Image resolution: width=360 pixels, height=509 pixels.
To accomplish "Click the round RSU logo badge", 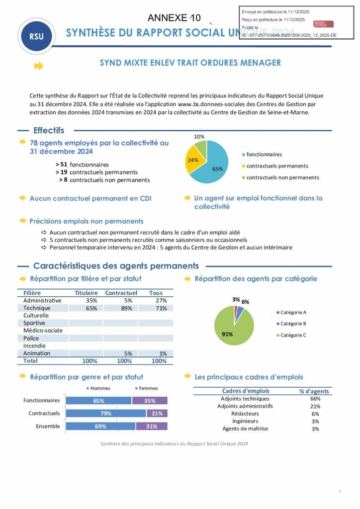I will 36,36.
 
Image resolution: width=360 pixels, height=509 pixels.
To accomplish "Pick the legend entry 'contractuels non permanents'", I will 282,177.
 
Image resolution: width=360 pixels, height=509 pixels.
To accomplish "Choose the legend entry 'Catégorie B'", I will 293,324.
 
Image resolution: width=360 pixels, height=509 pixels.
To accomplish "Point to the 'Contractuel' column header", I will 121,293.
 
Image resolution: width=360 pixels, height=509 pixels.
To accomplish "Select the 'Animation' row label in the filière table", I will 37,353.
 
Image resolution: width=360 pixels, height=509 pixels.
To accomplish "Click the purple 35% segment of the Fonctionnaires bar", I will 150,401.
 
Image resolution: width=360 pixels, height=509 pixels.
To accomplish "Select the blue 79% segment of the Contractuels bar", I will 106,413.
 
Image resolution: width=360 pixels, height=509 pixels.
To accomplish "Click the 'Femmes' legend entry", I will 148,388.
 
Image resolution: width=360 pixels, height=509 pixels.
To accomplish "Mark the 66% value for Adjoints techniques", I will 315,399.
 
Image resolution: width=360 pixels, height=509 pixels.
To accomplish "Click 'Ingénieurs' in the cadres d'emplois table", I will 245,421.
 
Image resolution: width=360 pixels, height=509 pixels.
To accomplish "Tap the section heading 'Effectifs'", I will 49,130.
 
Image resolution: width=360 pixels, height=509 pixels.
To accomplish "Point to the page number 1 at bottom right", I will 340,491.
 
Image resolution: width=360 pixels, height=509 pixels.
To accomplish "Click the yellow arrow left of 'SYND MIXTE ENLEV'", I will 39,66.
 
